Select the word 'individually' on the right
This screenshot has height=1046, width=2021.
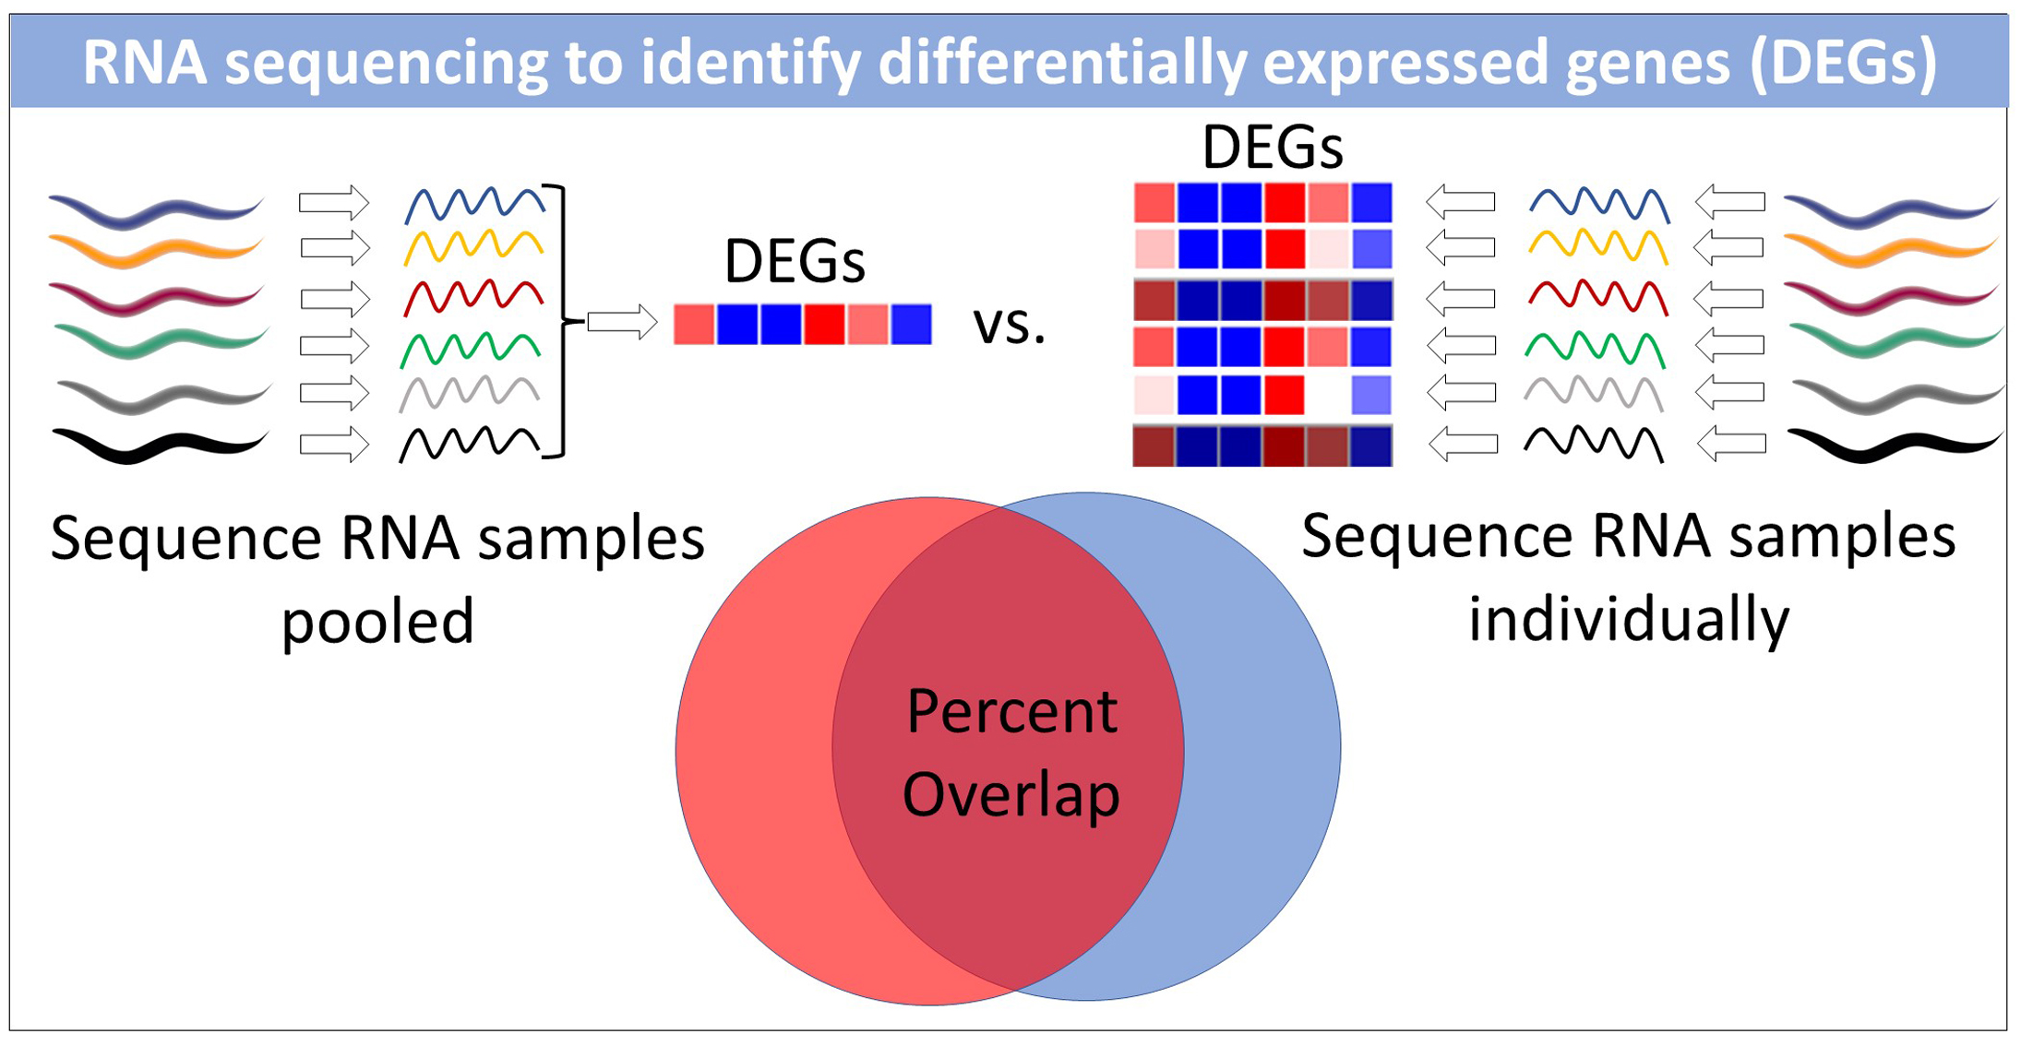click(x=1628, y=620)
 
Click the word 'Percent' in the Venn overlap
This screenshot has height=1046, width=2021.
click(x=1011, y=712)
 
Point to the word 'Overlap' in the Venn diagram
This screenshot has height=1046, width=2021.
click(x=1010, y=795)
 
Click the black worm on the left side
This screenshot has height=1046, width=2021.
click(x=159, y=446)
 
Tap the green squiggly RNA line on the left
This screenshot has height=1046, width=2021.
click(x=471, y=349)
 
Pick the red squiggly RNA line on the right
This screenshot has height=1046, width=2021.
click(x=1597, y=297)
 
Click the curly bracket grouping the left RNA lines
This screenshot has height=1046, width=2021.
click(x=559, y=321)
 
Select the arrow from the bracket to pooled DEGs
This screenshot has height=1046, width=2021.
click(x=622, y=322)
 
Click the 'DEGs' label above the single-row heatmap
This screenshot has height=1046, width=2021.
click(x=795, y=262)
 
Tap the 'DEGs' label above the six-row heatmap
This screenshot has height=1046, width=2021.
click(x=1272, y=148)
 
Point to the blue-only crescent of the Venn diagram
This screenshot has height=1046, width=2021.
click(x=1264, y=747)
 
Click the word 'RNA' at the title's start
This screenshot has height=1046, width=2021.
click(x=144, y=63)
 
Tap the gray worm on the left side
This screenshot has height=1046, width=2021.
click(x=161, y=397)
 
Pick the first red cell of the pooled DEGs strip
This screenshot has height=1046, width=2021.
click(x=694, y=325)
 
